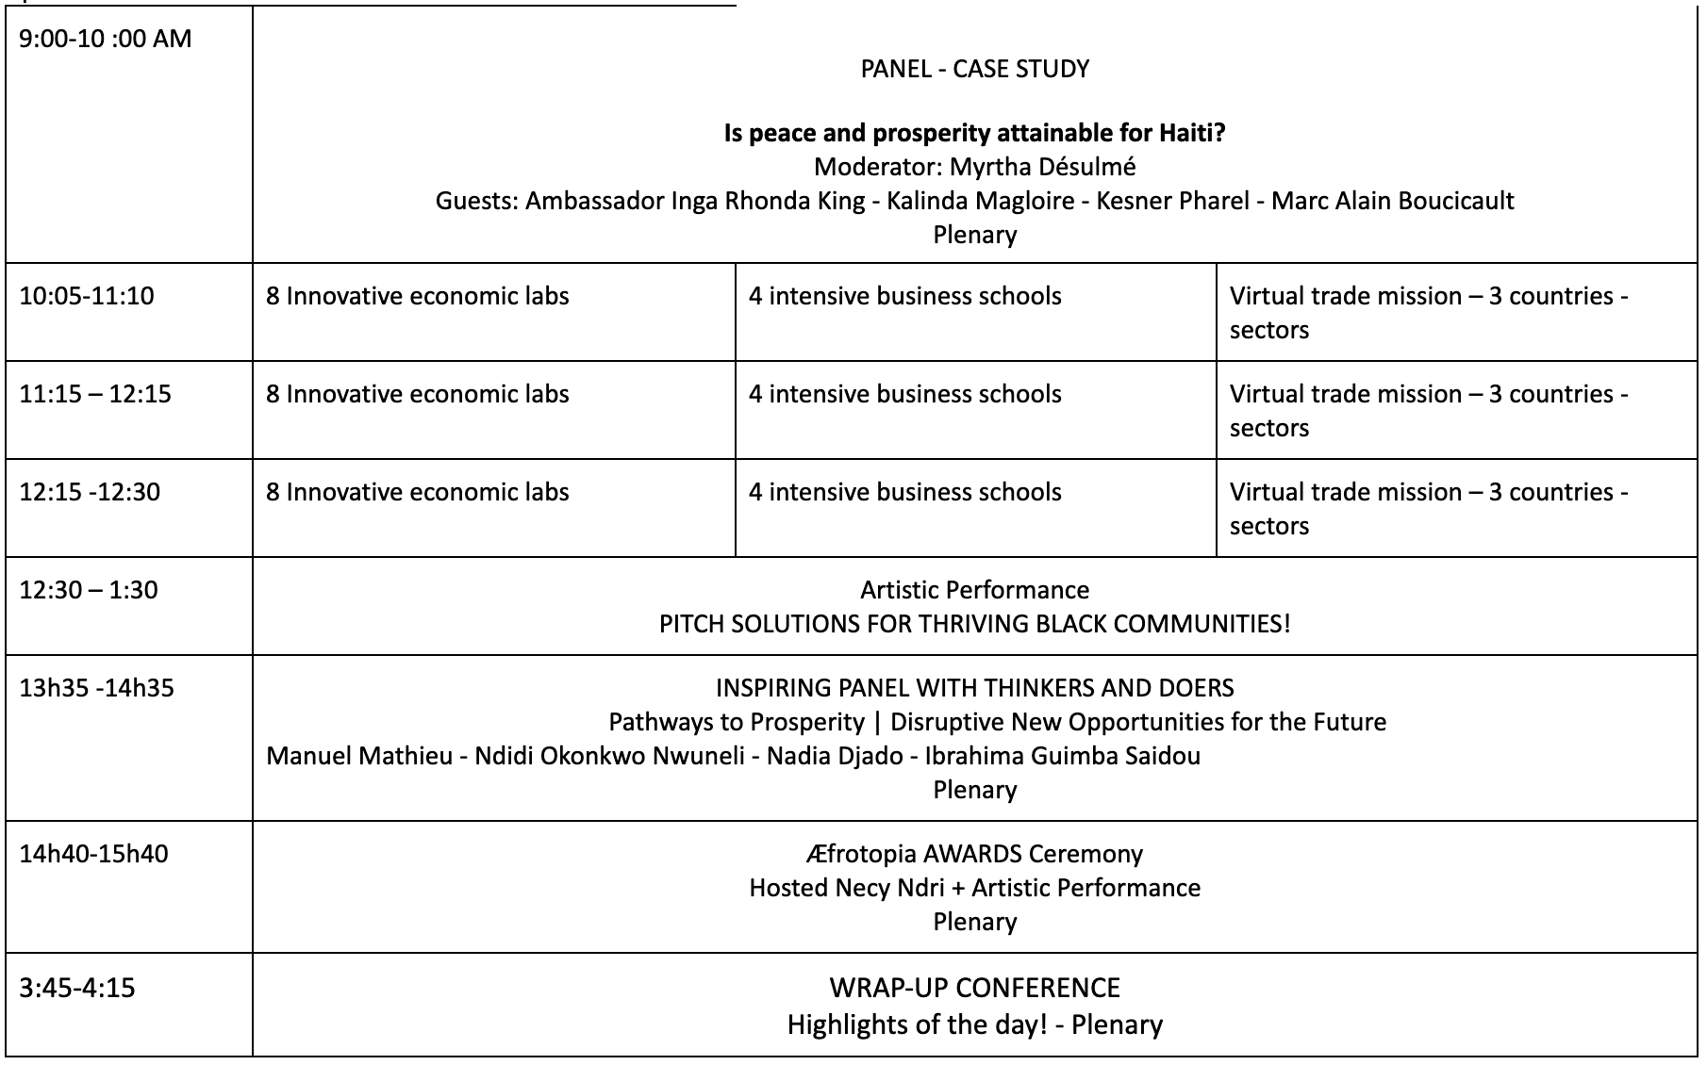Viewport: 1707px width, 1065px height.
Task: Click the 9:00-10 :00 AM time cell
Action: coord(105,39)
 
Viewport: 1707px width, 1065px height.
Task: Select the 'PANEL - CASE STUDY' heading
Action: coord(974,69)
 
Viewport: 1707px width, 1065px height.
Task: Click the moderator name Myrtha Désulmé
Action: coord(1042,167)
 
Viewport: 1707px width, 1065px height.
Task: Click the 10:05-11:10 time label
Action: coord(86,296)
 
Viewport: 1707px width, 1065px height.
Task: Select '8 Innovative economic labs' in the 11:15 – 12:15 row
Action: coord(417,394)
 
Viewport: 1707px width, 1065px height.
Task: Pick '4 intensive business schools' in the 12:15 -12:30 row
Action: coord(904,492)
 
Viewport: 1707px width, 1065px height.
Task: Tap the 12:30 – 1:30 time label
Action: coord(89,590)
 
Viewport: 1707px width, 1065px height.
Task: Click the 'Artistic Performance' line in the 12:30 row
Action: coord(974,590)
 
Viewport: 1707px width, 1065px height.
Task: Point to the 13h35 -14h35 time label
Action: coord(96,688)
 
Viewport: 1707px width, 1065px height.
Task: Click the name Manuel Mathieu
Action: coord(359,756)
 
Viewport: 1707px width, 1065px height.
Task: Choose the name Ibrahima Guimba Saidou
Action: coord(1062,756)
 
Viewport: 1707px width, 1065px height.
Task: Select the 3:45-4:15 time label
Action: coord(76,988)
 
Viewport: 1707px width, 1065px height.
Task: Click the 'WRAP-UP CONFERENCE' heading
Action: coord(974,988)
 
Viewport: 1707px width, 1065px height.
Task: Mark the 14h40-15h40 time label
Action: coord(93,854)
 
